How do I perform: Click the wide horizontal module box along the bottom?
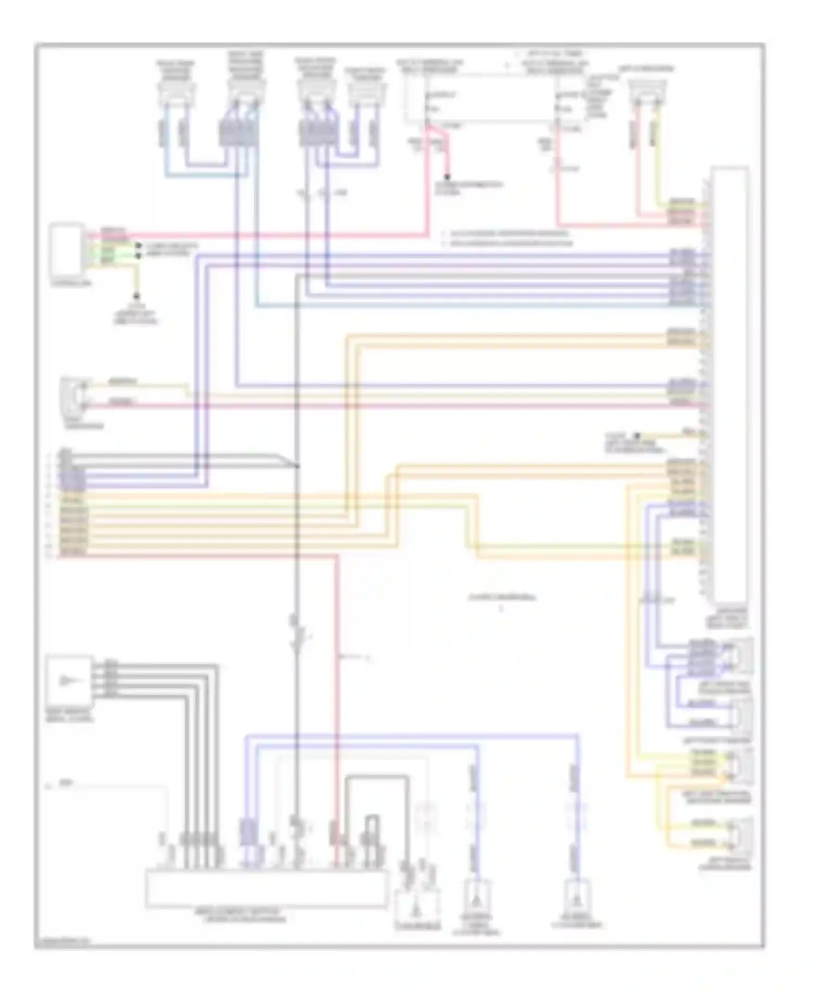[266, 888]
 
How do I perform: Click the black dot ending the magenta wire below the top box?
[447, 177]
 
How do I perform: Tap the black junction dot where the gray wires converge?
[297, 466]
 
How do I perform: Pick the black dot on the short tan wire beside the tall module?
[638, 435]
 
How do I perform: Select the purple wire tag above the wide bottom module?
[247, 832]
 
